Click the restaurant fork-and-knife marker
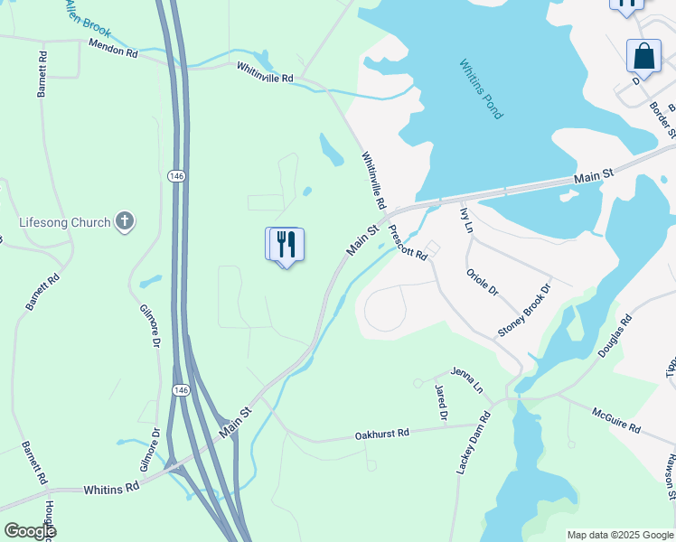(286, 245)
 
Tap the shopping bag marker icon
(643, 56)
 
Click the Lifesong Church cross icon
(125, 221)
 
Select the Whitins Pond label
(481, 89)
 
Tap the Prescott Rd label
(408, 242)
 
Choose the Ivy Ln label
(466, 220)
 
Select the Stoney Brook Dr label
(524, 310)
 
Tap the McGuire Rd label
(616, 420)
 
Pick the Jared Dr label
(441, 403)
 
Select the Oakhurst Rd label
(382, 434)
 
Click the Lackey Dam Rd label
(473, 444)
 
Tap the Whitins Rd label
(111, 488)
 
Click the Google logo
(30, 531)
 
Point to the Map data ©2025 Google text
(619, 535)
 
